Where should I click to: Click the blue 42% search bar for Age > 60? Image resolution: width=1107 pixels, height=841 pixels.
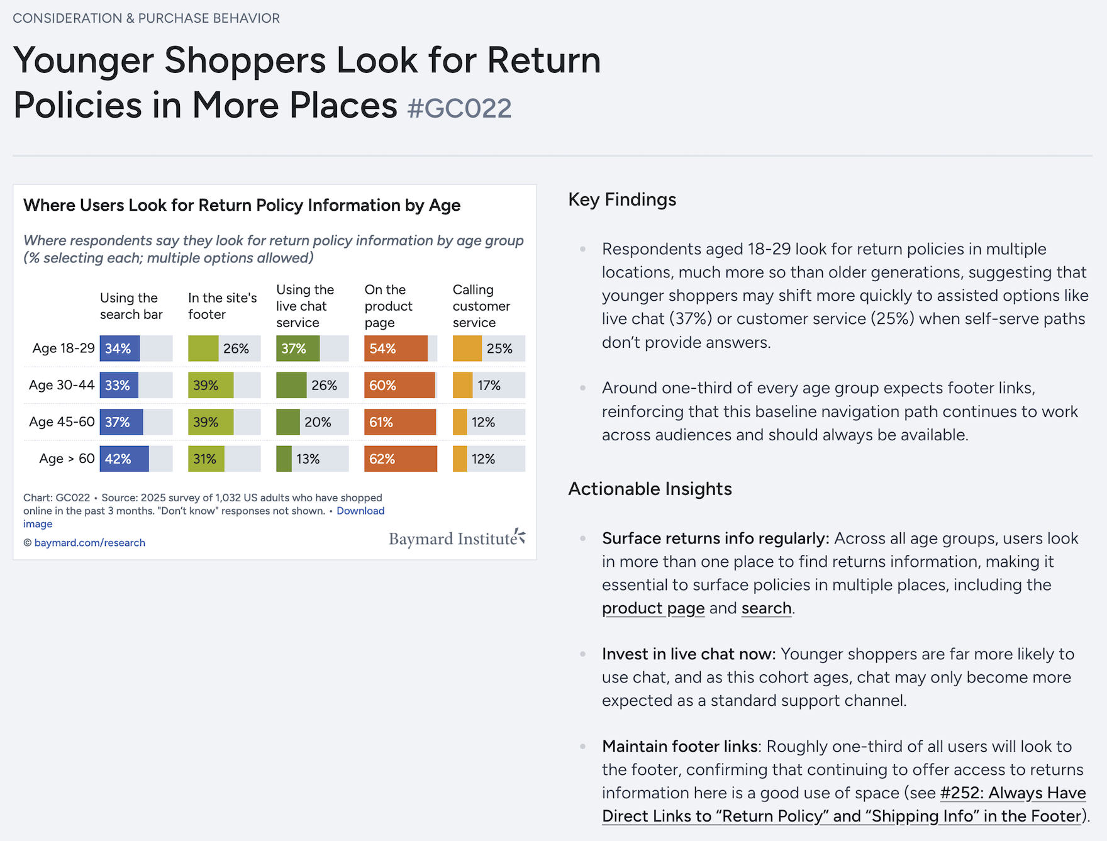click(124, 459)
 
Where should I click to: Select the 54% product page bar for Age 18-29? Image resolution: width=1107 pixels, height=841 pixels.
click(396, 348)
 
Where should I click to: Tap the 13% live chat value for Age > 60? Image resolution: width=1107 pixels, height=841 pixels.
click(308, 459)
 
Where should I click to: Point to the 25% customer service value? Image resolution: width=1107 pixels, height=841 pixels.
click(499, 348)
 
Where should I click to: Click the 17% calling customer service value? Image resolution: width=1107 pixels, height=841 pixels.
click(489, 386)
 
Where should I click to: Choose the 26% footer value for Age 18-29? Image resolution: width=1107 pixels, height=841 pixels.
click(236, 348)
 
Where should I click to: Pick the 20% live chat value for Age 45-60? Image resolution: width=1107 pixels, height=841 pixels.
click(318, 422)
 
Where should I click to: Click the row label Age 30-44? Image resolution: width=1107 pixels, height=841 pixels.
click(62, 385)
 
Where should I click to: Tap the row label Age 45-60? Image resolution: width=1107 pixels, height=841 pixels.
click(62, 421)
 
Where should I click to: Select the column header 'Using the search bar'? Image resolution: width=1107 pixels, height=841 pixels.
click(131, 306)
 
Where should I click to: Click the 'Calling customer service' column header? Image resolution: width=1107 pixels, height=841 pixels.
click(481, 306)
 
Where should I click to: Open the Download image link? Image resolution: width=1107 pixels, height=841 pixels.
click(204, 517)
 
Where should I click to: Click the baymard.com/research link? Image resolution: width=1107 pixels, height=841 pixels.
click(90, 543)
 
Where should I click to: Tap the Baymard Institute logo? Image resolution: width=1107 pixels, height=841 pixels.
click(457, 538)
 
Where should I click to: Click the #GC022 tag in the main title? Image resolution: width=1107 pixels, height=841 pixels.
click(459, 108)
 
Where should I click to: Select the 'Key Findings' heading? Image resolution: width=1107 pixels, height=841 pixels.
click(622, 199)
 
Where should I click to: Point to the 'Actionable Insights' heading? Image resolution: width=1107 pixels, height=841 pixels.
click(650, 489)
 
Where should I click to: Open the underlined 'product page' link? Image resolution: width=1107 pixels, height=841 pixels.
click(653, 608)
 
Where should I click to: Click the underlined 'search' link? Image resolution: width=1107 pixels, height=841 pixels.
click(766, 608)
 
